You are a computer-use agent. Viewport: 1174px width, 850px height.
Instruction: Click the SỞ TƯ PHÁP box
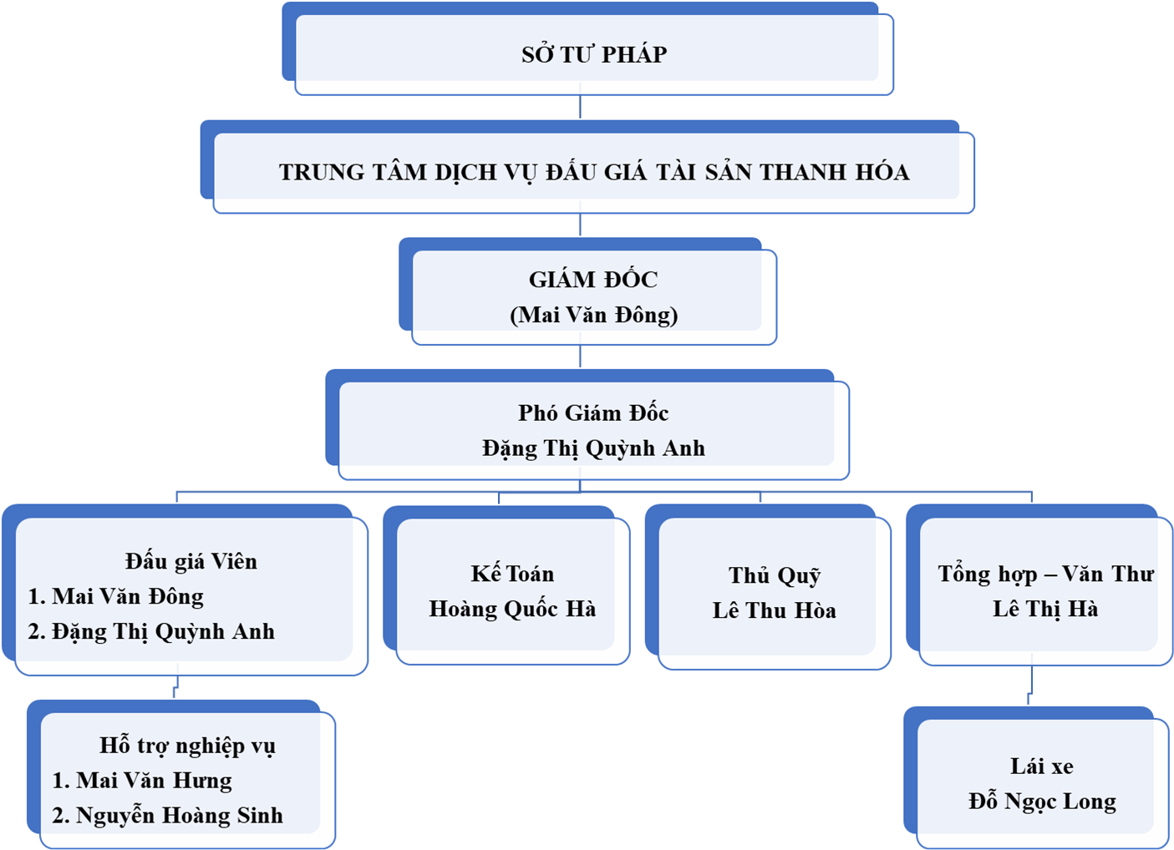point(594,54)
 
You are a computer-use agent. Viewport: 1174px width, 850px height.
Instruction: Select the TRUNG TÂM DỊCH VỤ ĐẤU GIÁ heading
point(594,172)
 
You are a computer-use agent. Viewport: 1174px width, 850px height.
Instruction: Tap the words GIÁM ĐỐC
point(593,279)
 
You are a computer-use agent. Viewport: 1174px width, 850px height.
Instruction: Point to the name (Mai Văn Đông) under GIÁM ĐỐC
point(594,315)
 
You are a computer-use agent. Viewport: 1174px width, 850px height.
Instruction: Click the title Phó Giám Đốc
point(593,412)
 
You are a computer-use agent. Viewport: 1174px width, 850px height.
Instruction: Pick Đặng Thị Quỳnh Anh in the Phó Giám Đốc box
point(593,448)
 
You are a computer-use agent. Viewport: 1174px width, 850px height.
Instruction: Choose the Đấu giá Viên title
point(191,561)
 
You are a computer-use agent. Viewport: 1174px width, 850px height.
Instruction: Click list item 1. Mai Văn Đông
point(116,596)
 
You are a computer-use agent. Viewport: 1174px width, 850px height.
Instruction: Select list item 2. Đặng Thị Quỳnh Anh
point(151,631)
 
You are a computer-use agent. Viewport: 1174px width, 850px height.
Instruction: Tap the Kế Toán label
point(512,574)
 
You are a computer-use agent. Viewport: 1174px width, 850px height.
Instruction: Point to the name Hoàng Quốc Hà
point(512,609)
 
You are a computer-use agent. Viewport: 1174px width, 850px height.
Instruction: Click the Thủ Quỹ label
point(775,575)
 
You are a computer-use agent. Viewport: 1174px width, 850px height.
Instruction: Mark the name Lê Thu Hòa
point(775,610)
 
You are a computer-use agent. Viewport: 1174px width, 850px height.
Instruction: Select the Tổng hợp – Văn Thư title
point(1045,574)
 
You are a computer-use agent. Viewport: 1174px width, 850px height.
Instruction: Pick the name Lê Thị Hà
point(1045,609)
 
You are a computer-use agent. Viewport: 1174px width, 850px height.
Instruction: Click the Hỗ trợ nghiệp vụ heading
point(187,745)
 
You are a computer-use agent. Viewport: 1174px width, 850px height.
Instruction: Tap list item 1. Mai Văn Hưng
point(142,780)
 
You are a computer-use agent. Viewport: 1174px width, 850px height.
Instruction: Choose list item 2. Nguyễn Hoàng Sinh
point(167,815)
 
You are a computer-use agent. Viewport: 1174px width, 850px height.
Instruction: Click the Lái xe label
point(1042,766)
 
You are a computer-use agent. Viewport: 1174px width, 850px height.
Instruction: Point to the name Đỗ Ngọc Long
point(1042,802)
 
